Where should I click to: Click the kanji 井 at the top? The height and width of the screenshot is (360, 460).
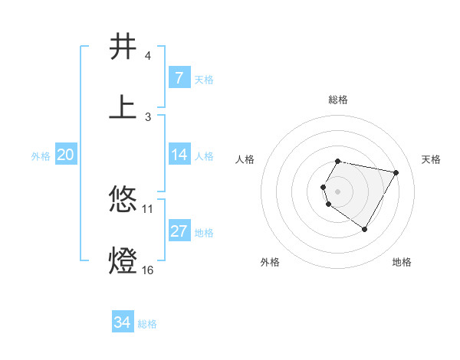(x=123, y=47)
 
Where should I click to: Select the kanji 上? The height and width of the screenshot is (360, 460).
(x=123, y=106)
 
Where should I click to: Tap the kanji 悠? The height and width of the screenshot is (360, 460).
(x=123, y=200)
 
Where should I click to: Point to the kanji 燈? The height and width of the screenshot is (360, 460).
(x=123, y=260)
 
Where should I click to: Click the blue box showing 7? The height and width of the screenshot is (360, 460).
(x=179, y=78)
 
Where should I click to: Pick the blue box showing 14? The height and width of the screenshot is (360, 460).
(x=179, y=155)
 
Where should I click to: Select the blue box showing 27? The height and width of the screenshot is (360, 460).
(x=179, y=231)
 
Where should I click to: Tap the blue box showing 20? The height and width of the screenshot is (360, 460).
(x=66, y=155)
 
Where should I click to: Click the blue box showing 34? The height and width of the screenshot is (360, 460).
(x=122, y=322)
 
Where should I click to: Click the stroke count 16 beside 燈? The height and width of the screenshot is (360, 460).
(x=148, y=270)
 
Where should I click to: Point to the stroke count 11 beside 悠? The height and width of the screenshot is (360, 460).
(x=148, y=208)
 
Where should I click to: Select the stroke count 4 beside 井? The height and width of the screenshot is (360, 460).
(x=147, y=56)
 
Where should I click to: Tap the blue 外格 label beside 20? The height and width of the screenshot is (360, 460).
(x=41, y=155)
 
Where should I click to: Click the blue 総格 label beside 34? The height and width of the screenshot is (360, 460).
(x=147, y=324)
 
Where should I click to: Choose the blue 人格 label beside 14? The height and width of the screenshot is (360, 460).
(x=204, y=155)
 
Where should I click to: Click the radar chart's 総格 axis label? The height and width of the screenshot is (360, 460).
(x=338, y=100)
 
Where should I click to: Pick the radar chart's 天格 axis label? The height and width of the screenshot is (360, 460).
(x=431, y=159)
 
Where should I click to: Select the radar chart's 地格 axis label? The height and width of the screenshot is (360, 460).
(x=402, y=262)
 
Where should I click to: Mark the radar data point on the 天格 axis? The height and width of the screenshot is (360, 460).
(x=396, y=173)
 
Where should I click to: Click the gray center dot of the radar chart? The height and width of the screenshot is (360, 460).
(x=338, y=191)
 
